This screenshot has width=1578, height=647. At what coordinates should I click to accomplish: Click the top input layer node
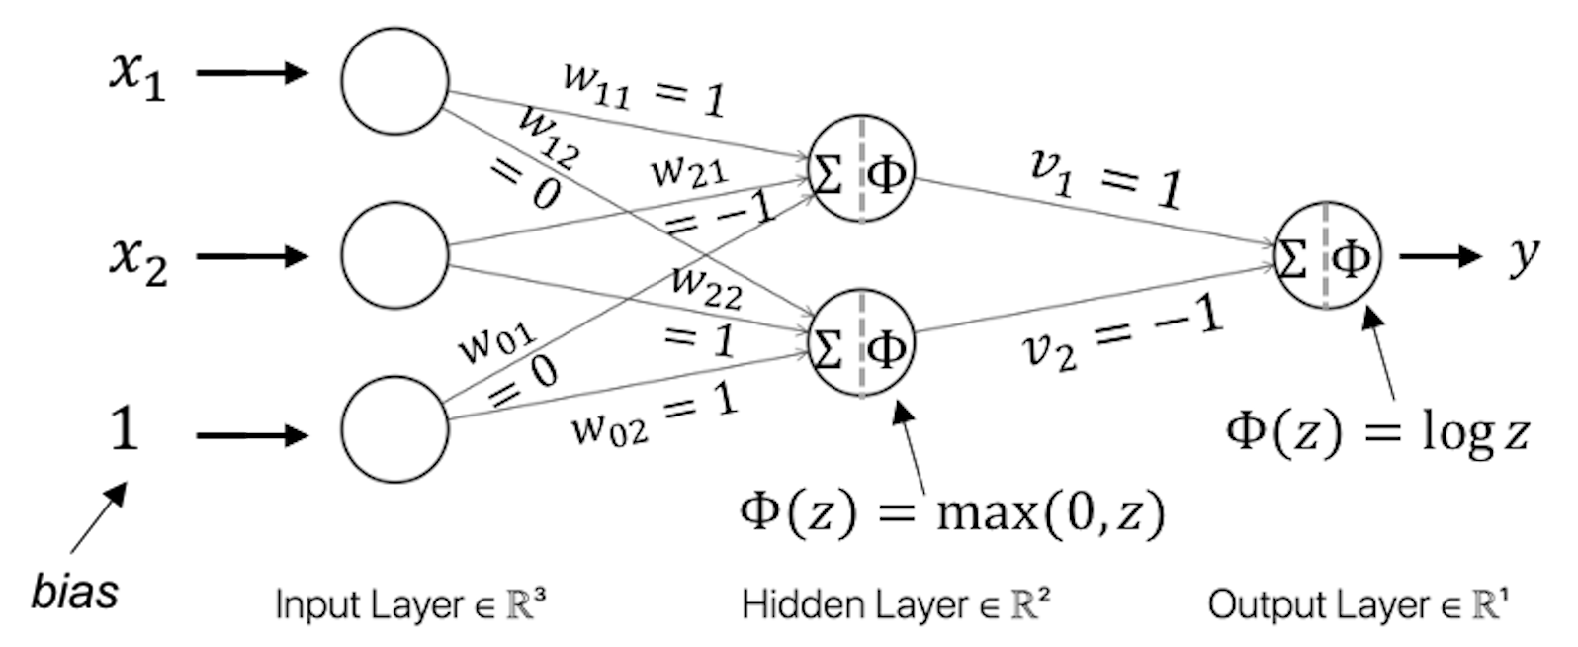point(394,80)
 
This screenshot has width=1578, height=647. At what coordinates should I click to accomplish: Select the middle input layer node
point(394,255)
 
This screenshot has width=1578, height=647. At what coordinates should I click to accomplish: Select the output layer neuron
point(1326,256)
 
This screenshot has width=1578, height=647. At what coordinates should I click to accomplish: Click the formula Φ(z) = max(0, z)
point(952,512)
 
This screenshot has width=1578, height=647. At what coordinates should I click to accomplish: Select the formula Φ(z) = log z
point(1377,432)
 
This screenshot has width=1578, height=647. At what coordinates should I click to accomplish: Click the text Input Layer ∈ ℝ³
point(410,603)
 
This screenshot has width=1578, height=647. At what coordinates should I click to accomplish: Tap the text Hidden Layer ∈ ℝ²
point(896,603)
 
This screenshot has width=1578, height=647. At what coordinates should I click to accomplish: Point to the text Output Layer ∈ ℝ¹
point(1359,603)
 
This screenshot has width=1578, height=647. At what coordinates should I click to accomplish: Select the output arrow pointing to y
point(1440,256)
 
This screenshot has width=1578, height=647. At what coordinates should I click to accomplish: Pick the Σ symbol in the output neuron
point(1291,257)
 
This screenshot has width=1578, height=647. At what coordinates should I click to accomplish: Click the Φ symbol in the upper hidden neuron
point(886,175)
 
